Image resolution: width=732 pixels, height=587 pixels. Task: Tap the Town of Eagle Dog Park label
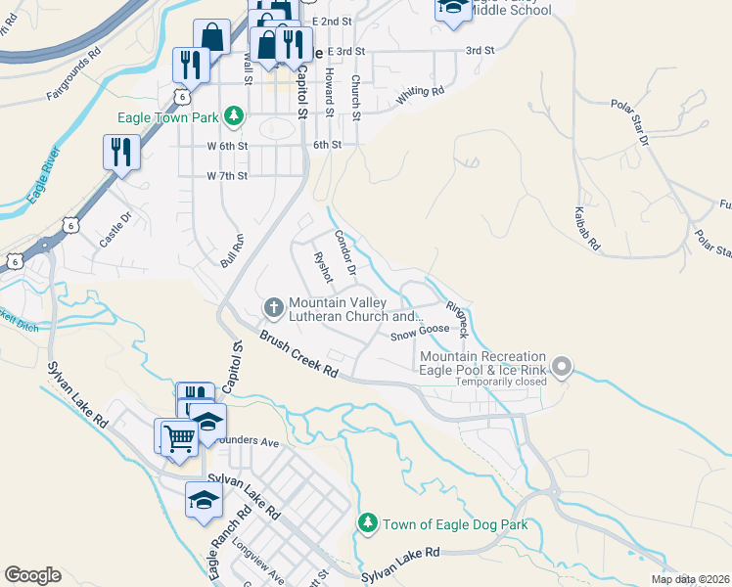click(x=455, y=524)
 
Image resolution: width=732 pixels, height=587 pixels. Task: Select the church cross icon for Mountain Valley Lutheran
click(x=274, y=308)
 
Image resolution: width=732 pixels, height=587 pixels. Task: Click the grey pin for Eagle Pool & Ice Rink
click(x=562, y=368)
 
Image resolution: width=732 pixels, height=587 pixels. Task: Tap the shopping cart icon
click(x=179, y=438)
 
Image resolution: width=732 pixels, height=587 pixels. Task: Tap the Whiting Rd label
click(x=421, y=96)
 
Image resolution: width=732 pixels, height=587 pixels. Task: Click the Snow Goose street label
click(x=420, y=334)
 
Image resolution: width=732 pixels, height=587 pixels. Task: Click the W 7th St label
click(x=227, y=176)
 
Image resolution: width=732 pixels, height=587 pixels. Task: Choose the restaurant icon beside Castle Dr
click(x=121, y=153)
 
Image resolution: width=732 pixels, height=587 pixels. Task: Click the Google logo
click(x=32, y=575)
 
